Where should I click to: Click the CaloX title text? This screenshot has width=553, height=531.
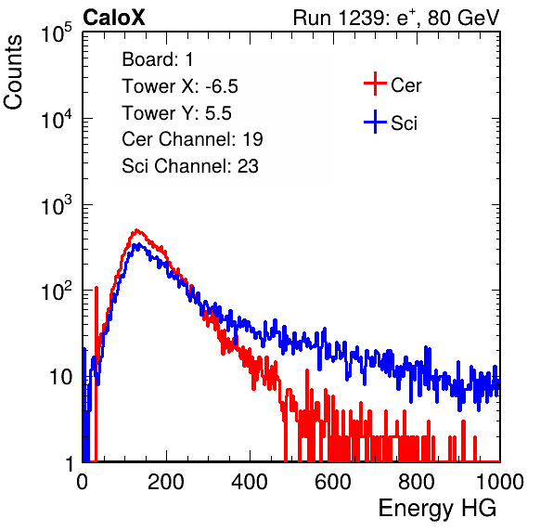[x=114, y=18]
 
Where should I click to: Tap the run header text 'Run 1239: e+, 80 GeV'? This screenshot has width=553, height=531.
[x=396, y=18]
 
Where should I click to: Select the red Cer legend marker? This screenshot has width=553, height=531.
[x=375, y=84]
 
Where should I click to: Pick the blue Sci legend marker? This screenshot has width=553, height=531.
[x=375, y=122]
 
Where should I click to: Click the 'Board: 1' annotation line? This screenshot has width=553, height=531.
[x=158, y=59]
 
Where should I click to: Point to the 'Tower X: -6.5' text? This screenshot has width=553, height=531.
[x=180, y=86]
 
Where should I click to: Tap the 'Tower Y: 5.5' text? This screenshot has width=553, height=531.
[x=176, y=113]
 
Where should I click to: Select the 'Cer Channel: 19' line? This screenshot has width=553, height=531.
[x=192, y=139]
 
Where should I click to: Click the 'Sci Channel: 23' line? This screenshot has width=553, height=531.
[x=190, y=166]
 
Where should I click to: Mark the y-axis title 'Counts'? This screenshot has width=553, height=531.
[x=13, y=72]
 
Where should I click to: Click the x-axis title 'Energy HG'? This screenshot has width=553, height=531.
[x=437, y=509]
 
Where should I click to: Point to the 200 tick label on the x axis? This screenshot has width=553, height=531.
[x=166, y=482]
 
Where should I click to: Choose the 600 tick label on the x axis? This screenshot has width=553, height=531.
[x=333, y=482]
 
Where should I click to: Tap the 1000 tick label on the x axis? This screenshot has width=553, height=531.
[x=500, y=482]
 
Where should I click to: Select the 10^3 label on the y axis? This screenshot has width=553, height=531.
[x=57, y=205]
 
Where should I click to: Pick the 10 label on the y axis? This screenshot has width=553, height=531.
[x=60, y=377]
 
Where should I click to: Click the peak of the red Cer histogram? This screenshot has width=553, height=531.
[x=136, y=230]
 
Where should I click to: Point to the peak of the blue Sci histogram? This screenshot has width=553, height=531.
[x=139, y=244]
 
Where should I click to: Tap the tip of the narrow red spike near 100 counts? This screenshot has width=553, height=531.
[x=96, y=288]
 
